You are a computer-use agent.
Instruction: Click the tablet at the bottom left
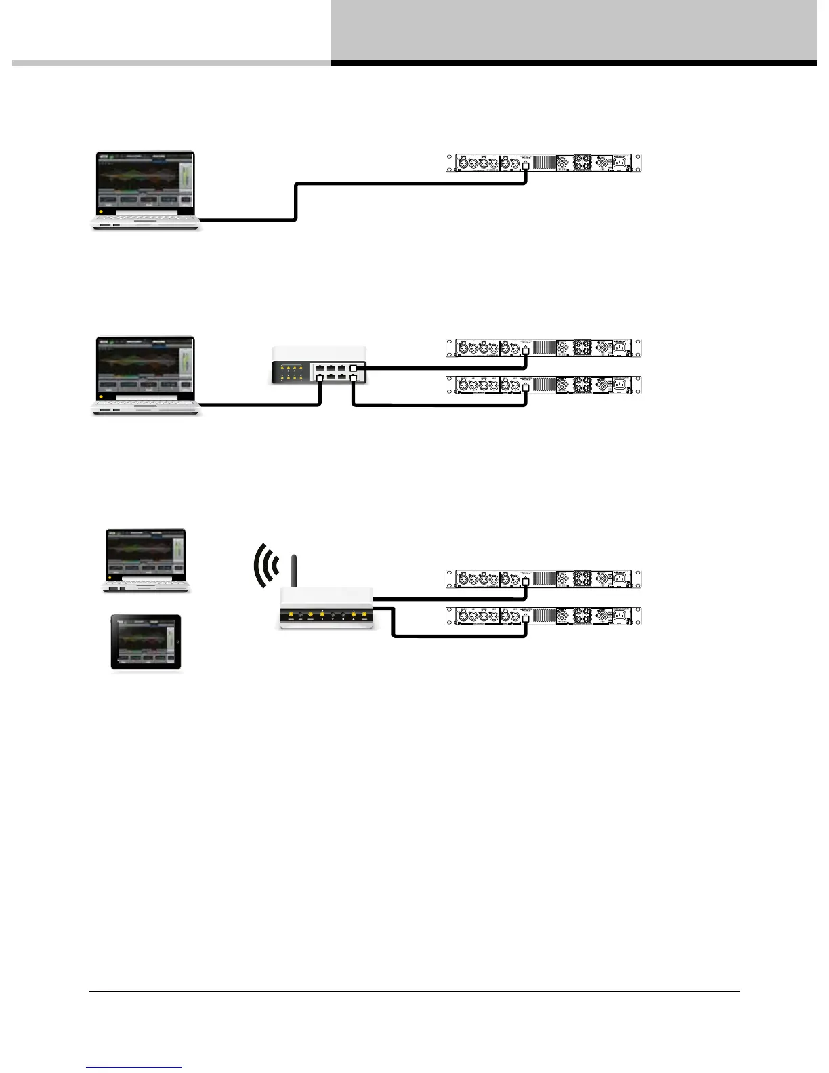146,643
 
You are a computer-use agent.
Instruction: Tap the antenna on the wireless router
294,571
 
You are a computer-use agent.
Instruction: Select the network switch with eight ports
319,365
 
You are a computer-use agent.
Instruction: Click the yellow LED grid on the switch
292,372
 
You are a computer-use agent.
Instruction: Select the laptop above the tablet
146,561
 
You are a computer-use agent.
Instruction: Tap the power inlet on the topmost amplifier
618,163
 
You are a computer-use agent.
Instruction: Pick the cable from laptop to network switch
264,405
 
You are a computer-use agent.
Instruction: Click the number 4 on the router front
354,619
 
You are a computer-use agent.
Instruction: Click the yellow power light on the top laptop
101,211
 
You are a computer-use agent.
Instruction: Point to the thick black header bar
573,64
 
